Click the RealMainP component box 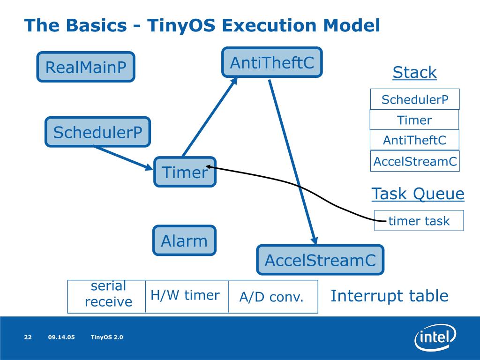(x=86, y=67)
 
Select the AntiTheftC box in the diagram (x=272, y=62)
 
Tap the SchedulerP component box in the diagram (x=97, y=132)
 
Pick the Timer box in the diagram (x=185, y=172)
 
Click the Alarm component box (x=184, y=240)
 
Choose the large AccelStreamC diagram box (x=320, y=260)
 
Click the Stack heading (x=414, y=73)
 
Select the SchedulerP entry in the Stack (x=415, y=99)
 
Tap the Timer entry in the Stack (x=414, y=120)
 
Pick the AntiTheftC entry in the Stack (x=414, y=140)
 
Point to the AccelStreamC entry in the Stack (x=415, y=161)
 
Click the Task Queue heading (x=418, y=194)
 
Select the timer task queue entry (x=419, y=220)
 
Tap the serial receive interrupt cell (x=106, y=296)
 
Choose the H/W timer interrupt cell (x=187, y=296)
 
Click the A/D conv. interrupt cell (x=273, y=296)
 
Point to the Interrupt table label (x=390, y=296)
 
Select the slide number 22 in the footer (x=28, y=337)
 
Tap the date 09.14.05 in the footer (x=61, y=337)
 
